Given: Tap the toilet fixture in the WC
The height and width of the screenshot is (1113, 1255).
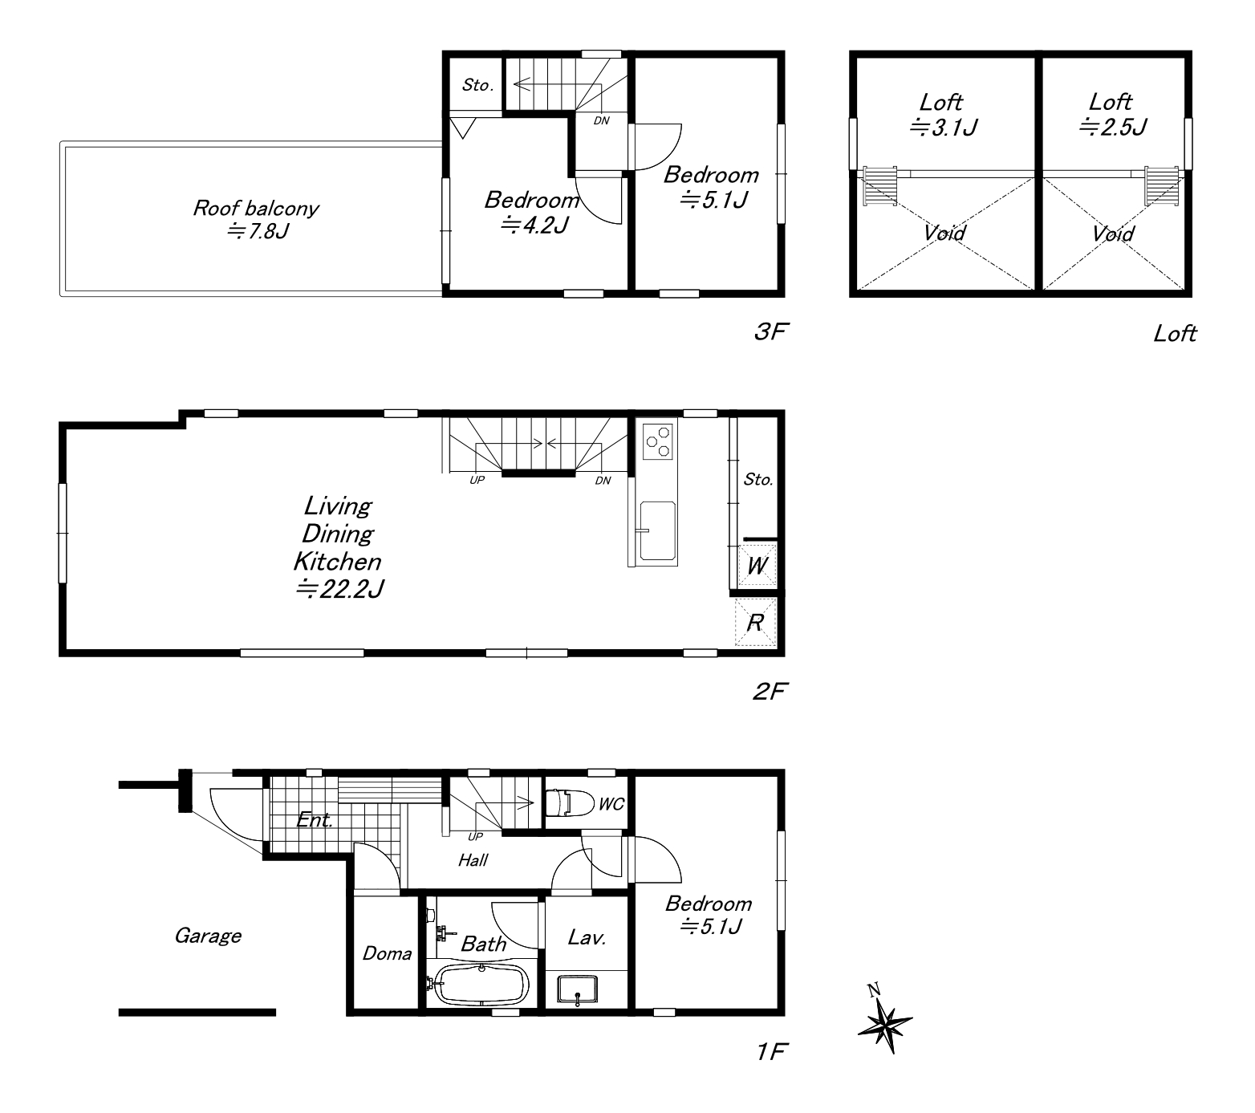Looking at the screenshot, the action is (568, 802).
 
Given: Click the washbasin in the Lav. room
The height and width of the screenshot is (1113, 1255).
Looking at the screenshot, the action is (576, 989).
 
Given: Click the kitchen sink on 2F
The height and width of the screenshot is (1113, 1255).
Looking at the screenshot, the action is (657, 530).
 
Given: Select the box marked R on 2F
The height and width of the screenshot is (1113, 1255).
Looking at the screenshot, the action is (756, 622).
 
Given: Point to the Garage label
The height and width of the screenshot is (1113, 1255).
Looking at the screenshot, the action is (208, 936).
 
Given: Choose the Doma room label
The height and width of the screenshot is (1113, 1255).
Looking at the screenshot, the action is (387, 953).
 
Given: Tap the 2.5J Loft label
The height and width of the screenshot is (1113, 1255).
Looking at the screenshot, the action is (1112, 114).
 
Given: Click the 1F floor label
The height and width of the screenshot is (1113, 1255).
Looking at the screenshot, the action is (770, 1051).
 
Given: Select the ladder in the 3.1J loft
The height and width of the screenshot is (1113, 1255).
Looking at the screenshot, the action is (880, 186).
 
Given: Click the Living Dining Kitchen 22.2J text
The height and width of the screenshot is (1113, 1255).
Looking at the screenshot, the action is (339, 547).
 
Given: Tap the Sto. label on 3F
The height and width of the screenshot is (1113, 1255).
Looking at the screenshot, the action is (477, 85).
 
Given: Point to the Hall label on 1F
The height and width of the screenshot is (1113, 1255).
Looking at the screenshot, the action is (473, 860).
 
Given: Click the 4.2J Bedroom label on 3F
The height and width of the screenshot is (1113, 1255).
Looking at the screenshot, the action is (532, 213).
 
